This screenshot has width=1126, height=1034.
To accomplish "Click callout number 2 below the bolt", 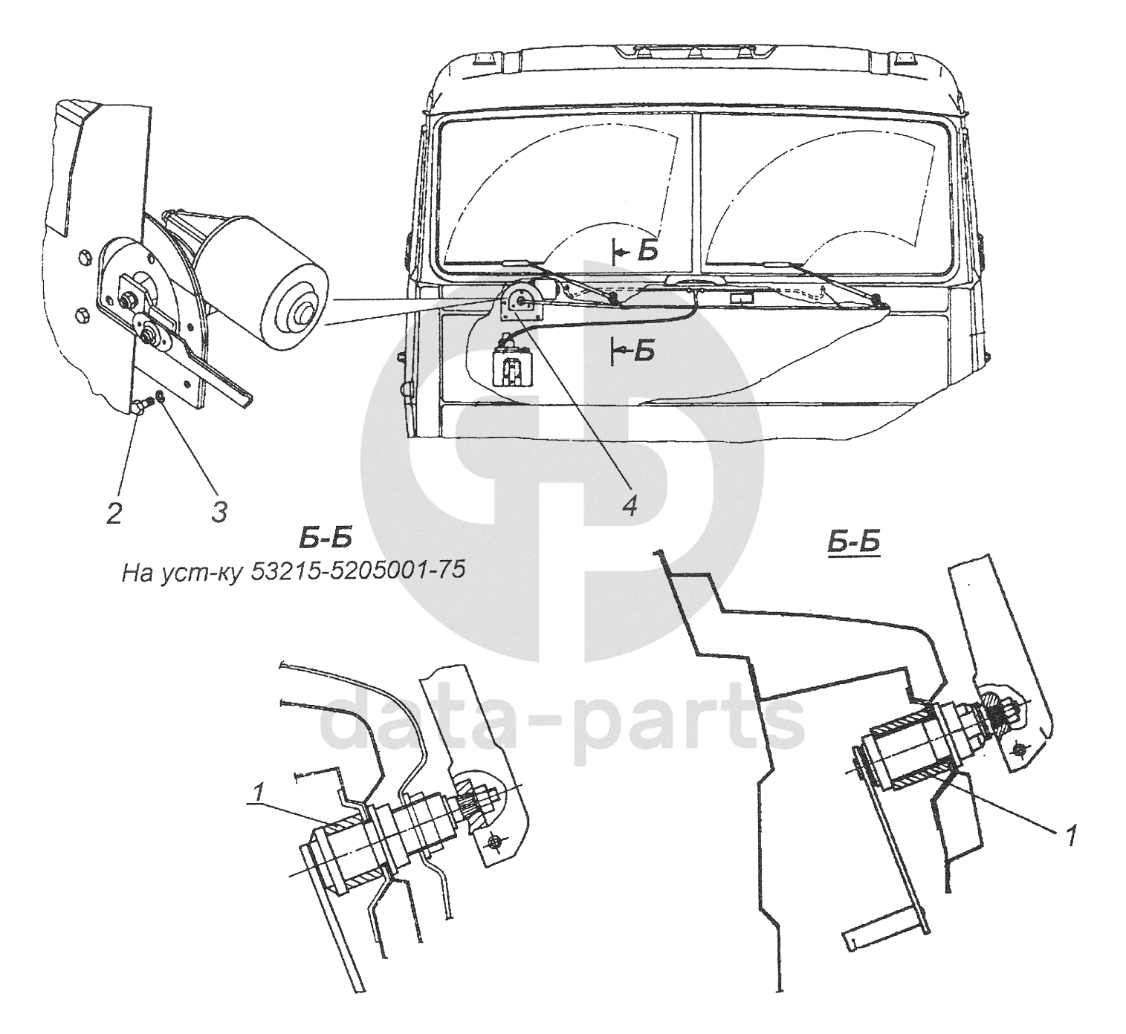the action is (x=114, y=513).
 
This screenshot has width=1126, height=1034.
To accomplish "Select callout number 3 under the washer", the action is (x=218, y=511).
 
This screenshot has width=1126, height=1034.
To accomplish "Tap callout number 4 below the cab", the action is (x=629, y=507).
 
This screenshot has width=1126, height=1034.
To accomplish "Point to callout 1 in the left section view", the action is (x=257, y=794).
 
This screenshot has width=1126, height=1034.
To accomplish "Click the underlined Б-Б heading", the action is (x=852, y=542).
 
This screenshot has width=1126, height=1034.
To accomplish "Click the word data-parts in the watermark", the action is (x=561, y=718).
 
